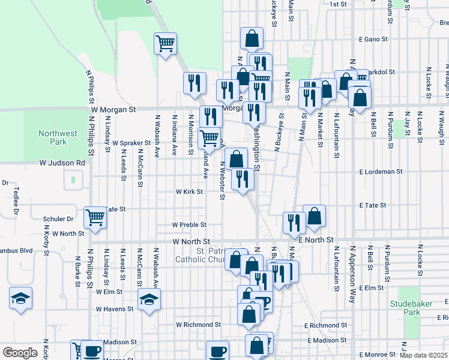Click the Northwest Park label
click(x=52, y=137)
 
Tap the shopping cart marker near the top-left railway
click(x=165, y=43)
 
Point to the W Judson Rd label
click(x=62, y=163)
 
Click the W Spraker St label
click(x=131, y=143)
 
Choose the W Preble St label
click(x=189, y=225)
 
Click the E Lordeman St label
click(x=381, y=172)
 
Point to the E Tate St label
click(x=373, y=205)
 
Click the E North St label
click(x=316, y=240)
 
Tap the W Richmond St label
click(x=198, y=325)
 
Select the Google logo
click(x=20, y=353)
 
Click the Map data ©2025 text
click(x=424, y=355)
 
